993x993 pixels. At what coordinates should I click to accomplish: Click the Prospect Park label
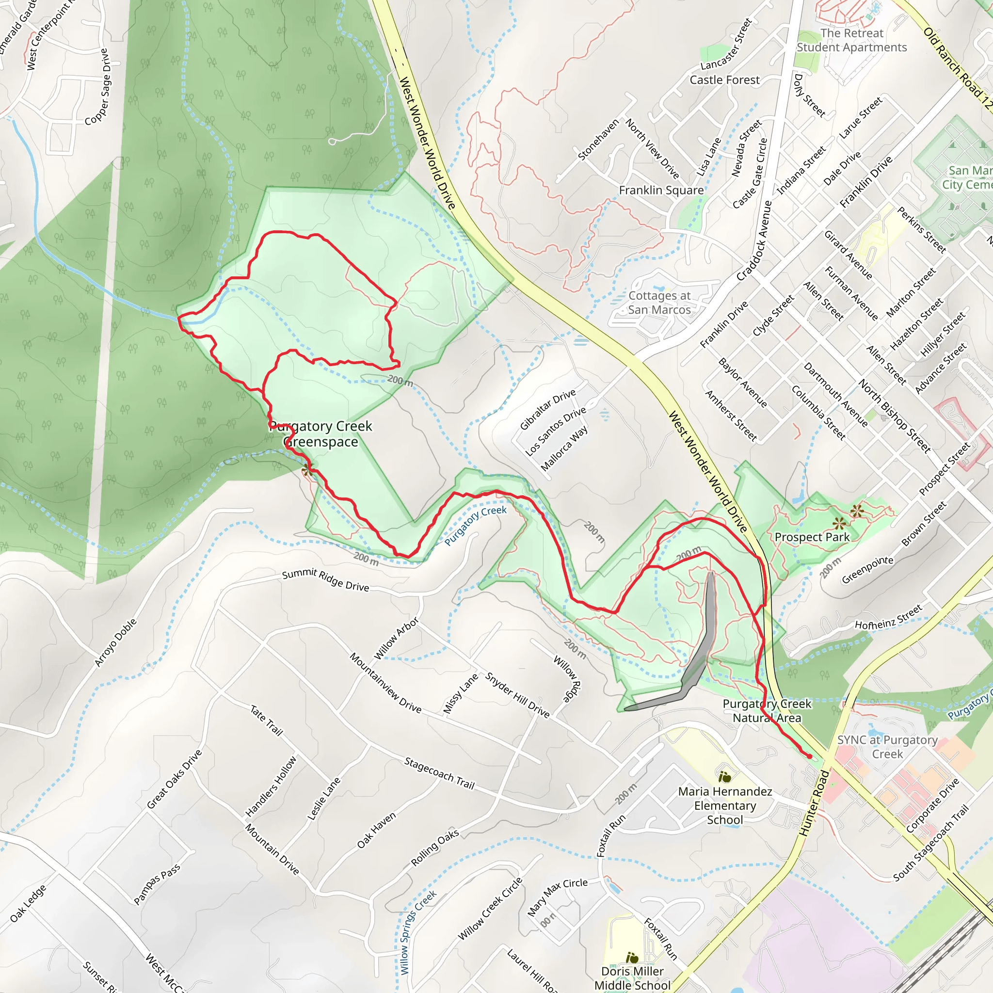[812, 537]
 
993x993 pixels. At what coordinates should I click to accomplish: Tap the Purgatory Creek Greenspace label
[320, 434]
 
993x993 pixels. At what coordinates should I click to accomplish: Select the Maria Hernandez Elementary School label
[725, 805]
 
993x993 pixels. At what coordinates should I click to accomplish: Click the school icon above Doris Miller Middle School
[632, 958]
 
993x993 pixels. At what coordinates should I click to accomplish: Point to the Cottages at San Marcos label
[659, 303]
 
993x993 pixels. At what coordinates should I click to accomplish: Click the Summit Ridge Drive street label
[325, 580]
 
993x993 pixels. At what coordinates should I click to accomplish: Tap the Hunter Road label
[815, 802]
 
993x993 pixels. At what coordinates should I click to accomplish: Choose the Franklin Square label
[661, 190]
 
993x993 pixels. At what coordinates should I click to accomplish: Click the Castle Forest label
[724, 80]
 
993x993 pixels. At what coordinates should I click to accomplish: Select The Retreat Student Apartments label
[851, 40]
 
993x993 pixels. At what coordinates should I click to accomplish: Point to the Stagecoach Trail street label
[439, 773]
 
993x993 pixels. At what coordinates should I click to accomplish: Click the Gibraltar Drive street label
[547, 410]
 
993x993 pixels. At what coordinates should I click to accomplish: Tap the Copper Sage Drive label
[97, 87]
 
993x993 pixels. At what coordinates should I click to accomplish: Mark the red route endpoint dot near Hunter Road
[810, 756]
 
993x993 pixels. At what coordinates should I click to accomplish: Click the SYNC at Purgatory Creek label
[888, 747]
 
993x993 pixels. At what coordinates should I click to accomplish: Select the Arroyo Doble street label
[116, 642]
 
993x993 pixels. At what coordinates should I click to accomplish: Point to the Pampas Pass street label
[157, 884]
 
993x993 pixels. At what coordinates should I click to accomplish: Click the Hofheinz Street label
[888, 618]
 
